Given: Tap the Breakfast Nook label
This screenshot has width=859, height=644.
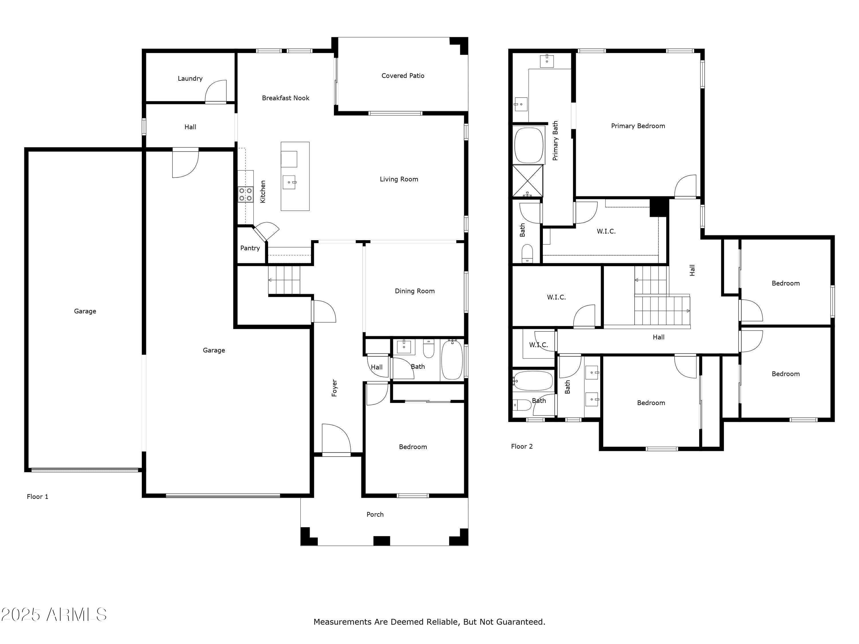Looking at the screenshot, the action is point(285,98).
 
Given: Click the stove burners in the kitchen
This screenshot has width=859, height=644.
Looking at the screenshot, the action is point(245,194).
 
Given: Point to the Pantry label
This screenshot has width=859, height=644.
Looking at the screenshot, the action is point(250,248).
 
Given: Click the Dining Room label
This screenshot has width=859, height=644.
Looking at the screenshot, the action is point(415,291).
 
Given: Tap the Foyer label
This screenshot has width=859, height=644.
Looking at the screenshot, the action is point(334,388).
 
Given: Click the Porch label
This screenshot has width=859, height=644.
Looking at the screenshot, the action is point(375,514).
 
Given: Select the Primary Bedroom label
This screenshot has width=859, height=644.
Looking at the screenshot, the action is point(638,126).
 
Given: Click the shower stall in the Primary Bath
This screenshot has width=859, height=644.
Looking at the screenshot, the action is point(528,181).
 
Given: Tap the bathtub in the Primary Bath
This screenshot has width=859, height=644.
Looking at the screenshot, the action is point(529,145).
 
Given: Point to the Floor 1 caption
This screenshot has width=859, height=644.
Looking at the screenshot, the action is point(38,497).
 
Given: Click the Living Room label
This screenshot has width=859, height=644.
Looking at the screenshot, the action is point(399,179).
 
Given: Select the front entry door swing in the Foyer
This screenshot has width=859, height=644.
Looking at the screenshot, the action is point(336,439).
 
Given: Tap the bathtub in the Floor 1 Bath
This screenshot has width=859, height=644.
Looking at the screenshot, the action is point(452,360).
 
